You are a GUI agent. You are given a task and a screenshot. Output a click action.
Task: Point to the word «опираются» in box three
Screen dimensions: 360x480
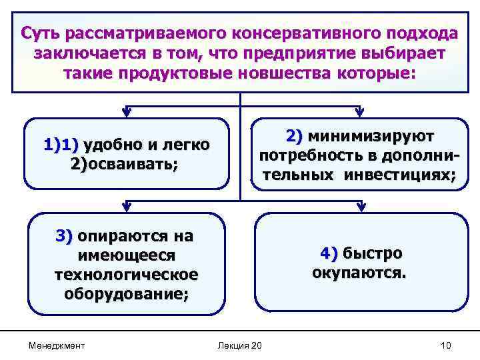125,236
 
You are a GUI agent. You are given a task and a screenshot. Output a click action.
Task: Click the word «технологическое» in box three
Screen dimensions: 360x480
127,275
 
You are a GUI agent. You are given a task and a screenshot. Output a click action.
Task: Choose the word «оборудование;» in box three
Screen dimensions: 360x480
127,294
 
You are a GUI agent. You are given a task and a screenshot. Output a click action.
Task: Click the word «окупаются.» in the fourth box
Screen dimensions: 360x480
359,273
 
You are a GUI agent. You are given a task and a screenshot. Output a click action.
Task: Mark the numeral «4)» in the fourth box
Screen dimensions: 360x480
329,254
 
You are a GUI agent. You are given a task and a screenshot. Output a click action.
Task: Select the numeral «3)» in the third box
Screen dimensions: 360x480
65,236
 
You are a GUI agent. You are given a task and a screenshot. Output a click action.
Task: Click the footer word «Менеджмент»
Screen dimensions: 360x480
57,345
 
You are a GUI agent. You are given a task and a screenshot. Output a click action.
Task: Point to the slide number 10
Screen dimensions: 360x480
446,345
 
